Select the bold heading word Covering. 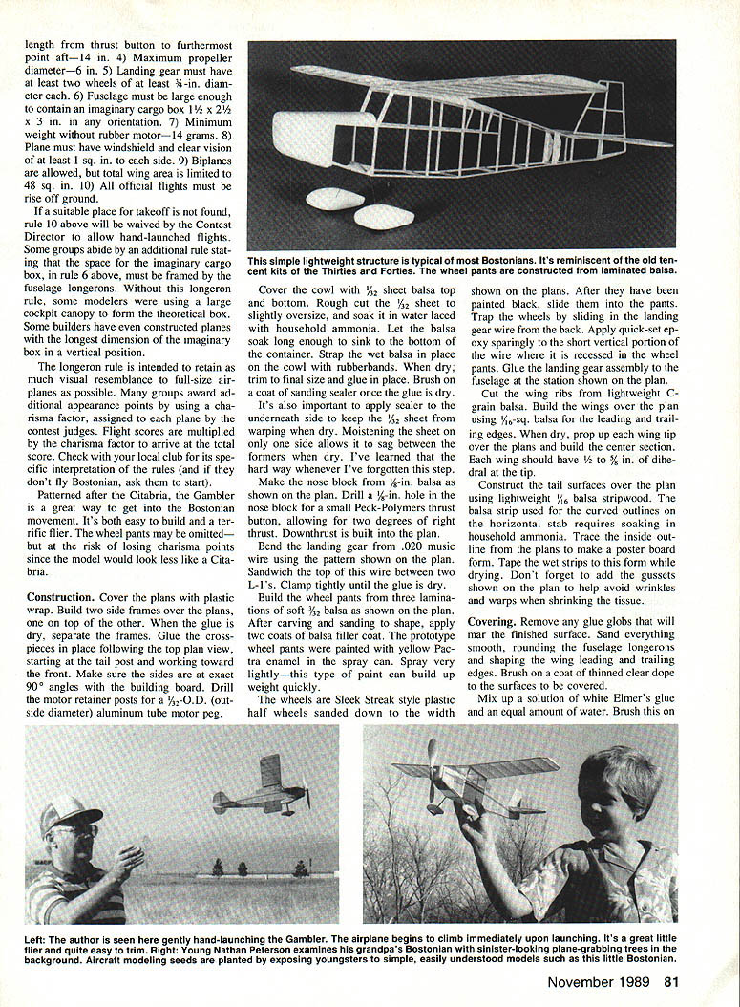[x=492, y=621]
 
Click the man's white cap [x=72, y=814]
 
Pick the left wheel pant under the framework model [x=337, y=199]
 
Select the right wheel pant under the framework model [x=383, y=216]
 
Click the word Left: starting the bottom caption [x=40, y=941]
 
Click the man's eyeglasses [x=84, y=830]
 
